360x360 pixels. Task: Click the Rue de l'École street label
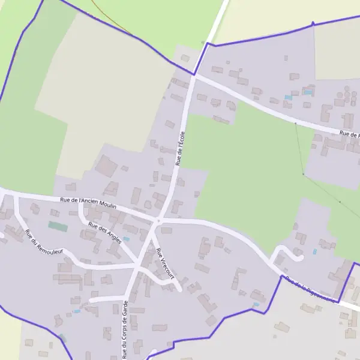pyautogui.click(x=179, y=148)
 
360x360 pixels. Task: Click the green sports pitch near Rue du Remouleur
pyautogui.click(x=58, y=226)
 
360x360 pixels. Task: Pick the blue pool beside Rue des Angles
pyautogui.click(x=126, y=239)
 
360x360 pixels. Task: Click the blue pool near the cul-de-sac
pyautogui.click(x=314, y=251)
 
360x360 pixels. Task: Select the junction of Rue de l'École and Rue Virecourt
pyautogui.click(x=159, y=221)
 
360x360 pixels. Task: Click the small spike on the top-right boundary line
pyautogui.click(x=313, y=23)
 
